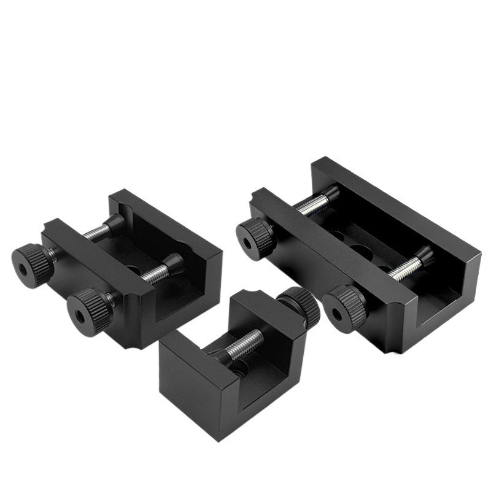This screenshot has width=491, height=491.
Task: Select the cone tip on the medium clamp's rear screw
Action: (115, 222)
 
